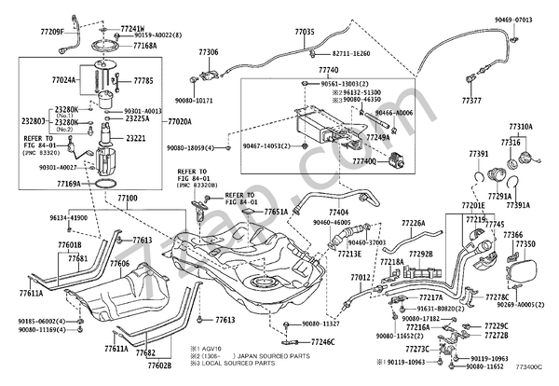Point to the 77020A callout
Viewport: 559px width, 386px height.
click(x=180, y=121)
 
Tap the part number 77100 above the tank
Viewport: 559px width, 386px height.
click(x=128, y=198)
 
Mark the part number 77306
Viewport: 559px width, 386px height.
click(x=208, y=52)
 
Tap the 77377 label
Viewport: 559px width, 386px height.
click(x=471, y=98)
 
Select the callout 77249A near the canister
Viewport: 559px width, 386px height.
click(x=377, y=138)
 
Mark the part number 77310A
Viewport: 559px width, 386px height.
click(x=520, y=126)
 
